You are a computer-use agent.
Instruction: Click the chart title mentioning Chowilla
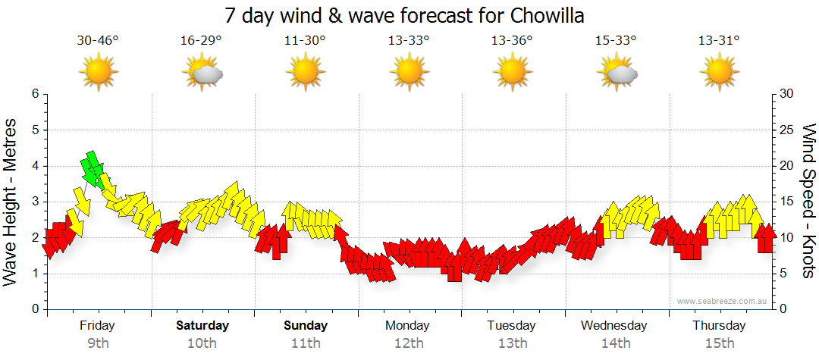coord(404,15)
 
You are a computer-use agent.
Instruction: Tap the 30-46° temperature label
coord(98,41)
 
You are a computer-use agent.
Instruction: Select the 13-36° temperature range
coord(513,41)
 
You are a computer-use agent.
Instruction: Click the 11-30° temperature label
coord(305,41)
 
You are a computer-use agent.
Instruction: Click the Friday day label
coord(97,326)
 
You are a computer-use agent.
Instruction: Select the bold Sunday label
coord(306,326)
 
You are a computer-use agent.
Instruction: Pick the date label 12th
coord(409,343)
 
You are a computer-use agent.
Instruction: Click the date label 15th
coord(719,343)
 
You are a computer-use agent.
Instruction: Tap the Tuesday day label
coord(511,326)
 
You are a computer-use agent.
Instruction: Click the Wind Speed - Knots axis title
coord(808,201)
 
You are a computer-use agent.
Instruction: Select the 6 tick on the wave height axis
coord(34,94)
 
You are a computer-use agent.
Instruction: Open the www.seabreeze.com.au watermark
coord(723,302)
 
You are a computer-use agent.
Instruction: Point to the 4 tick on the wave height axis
coord(34,166)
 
